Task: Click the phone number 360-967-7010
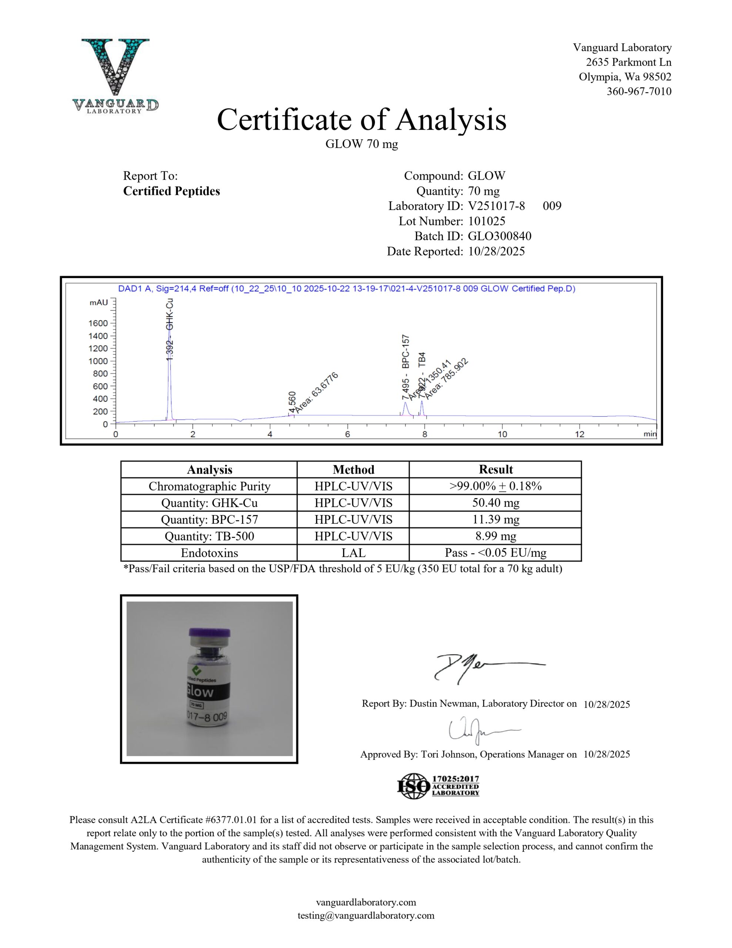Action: (x=639, y=91)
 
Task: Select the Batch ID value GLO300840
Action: (x=500, y=236)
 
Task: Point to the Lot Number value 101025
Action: (x=486, y=221)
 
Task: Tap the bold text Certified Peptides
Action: (x=171, y=191)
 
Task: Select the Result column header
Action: (x=495, y=469)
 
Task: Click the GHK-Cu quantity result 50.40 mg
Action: (x=495, y=503)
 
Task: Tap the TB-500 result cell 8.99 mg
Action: (x=495, y=536)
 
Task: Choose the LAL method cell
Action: (x=353, y=553)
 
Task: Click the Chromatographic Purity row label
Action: (x=209, y=486)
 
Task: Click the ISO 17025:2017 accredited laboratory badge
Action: (x=438, y=786)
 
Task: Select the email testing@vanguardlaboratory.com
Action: (x=366, y=915)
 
